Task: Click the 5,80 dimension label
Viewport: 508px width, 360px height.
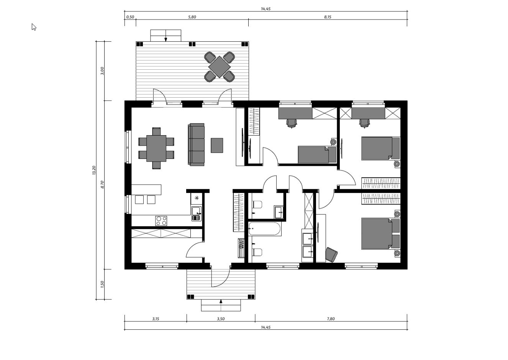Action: pyautogui.click(x=192, y=17)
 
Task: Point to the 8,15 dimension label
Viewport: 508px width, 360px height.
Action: pyautogui.click(x=328, y=17)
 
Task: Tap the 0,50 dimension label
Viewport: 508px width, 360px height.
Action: pyautogui.click(x=130, y=17)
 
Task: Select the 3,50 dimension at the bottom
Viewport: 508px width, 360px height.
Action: pyautogui.click(x=220, y=319)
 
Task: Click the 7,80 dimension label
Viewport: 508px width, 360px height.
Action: pyautogui.click(x=331, y=319)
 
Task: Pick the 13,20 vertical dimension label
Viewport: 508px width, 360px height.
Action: pyautogui.click(x=94, y=170)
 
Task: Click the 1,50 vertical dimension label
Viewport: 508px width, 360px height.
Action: pyautogui.click(x=102, y=284)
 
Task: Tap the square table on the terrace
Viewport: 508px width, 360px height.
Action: pyautogui.click(x=219, y=67)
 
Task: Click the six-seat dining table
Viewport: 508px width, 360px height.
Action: pyautogui.click(x=156, y=148)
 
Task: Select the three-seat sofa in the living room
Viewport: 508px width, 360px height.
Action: pyautogui.click(x=196, y=145)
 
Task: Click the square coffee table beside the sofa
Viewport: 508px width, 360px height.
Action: pyautogui.click(x=217, y=145)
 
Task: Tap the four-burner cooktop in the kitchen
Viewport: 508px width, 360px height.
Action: pyautogui.click(x=161, y=221)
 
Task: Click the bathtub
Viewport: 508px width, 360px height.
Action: pyautogui.click(x=265, y=229)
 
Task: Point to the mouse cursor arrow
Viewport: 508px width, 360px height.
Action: pyautogui.click(x=34, y=27)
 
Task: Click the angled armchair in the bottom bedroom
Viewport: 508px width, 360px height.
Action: pyautogui.click(x=331, y=255)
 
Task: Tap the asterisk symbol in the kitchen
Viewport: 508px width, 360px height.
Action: pyautogui.click(x=197, y=198)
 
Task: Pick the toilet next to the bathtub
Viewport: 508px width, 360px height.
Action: pyautogui.click(x=257, y=252)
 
